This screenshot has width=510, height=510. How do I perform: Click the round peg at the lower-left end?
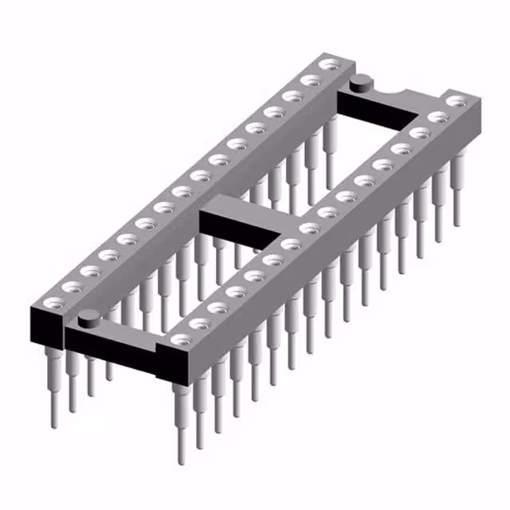coord(88,319)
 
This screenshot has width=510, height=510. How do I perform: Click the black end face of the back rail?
coord(46,323)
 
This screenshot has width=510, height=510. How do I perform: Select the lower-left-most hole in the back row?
coord(53,302)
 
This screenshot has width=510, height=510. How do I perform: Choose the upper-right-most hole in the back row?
coord(328,63)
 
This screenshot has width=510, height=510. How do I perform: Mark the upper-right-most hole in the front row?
coord(457,101)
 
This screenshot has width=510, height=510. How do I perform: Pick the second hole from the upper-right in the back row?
coord(311,80)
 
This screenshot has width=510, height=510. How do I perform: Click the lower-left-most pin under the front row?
coord(181,414)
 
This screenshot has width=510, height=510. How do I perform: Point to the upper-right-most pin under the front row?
coord(457,191)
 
